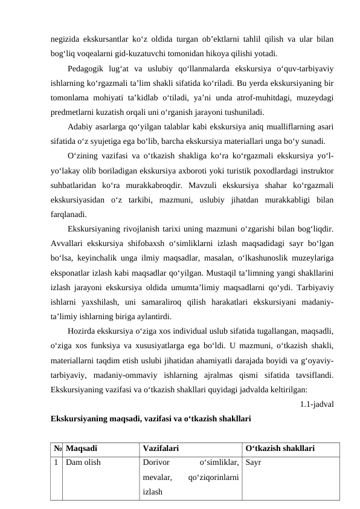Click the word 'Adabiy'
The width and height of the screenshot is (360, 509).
coord(82,125)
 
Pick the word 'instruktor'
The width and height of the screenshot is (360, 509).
coord(313,169)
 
